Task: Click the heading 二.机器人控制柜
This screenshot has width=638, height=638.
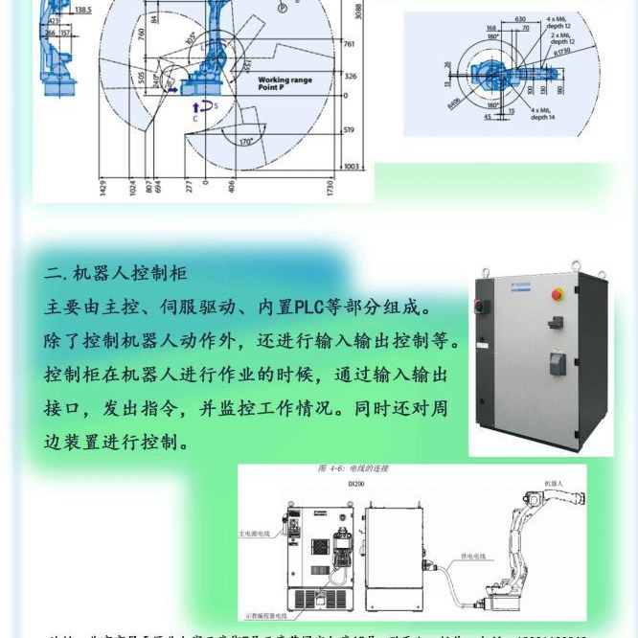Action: pos(115,276)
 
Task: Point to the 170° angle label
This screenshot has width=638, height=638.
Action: pos(246,142)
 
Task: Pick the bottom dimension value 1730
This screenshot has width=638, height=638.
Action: pos(330,188)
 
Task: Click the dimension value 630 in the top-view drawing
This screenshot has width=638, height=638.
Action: pos(547,18)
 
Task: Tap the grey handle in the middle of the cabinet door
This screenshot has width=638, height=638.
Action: pos(555,363)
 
